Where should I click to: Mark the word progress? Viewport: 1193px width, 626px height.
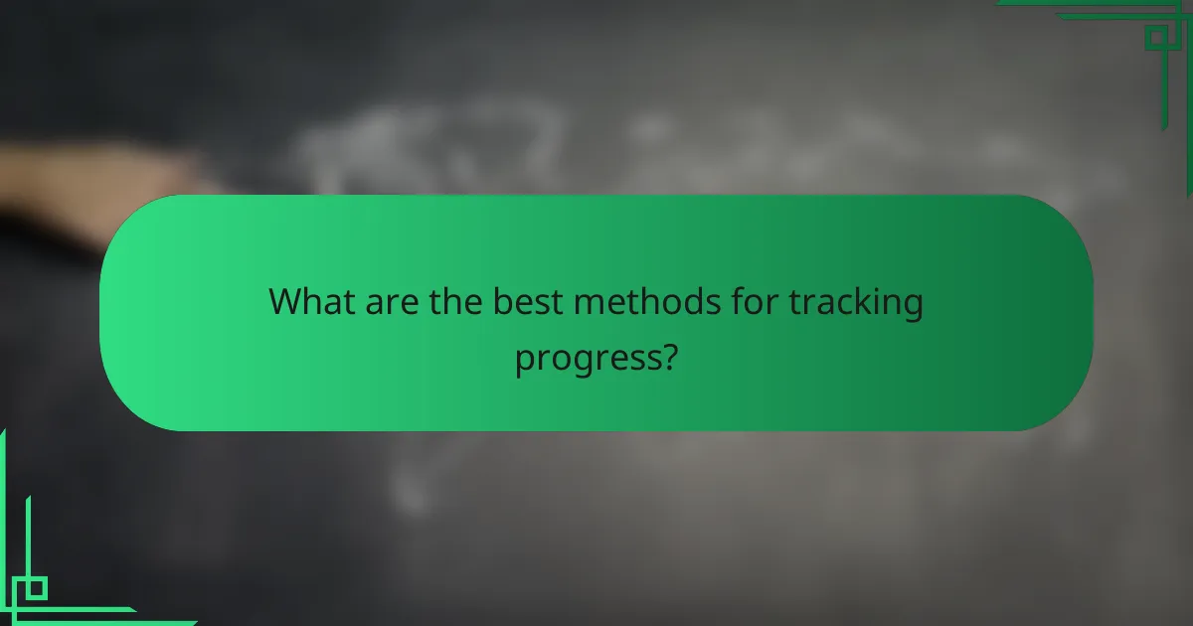588,357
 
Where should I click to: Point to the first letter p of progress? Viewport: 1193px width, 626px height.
523,360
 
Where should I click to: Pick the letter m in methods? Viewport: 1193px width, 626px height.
589,303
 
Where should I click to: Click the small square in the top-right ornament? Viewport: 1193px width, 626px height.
1155,39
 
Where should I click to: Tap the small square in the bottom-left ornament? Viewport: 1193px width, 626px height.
36,588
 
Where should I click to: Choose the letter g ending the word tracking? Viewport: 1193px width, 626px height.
912,306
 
